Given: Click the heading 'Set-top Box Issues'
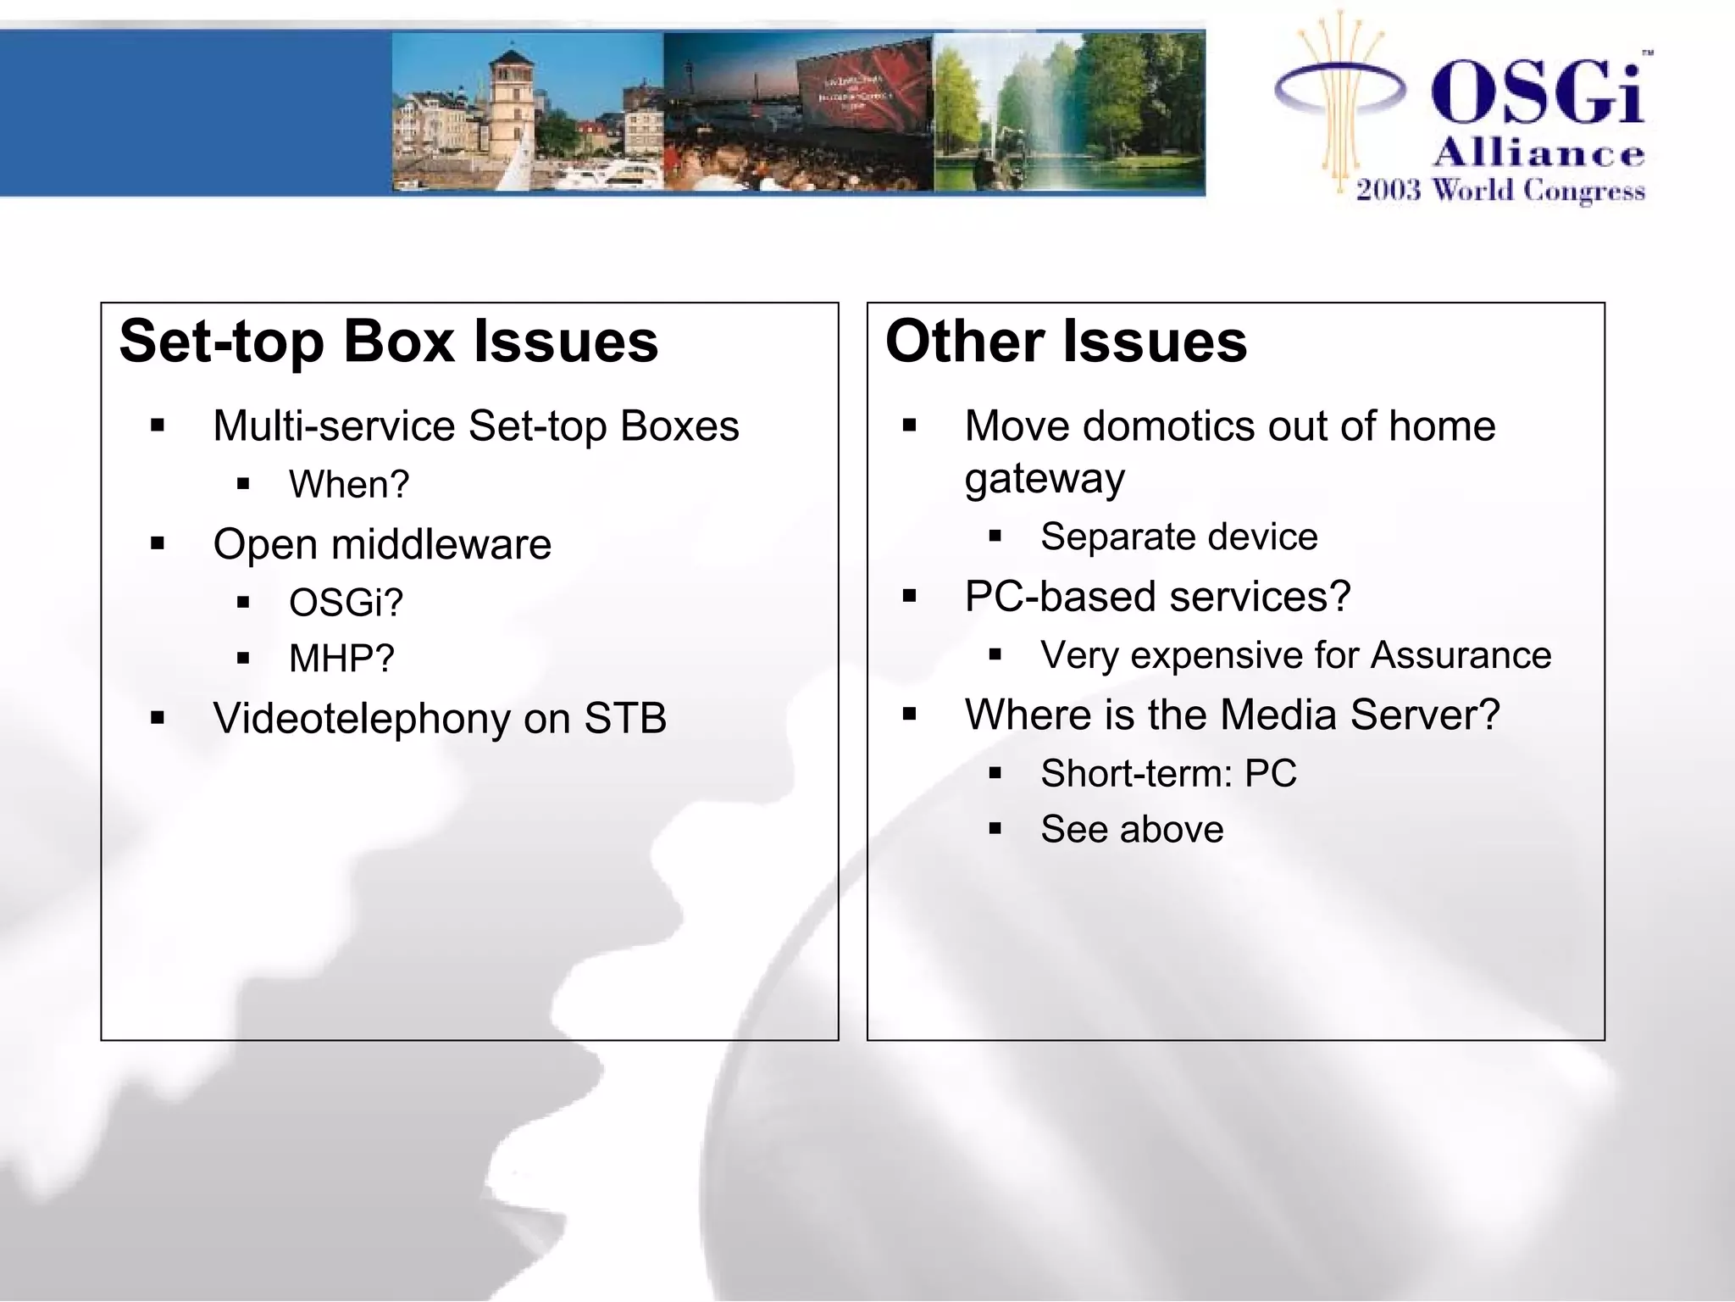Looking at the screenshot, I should (x=389, y=342).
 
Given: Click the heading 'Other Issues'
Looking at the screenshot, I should (x=1066, y=342).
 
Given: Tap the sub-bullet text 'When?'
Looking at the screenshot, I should (x=349, y=485).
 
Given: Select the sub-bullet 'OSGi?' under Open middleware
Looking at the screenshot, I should (x=346, y=603).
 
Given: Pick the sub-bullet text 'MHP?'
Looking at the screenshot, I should (x=341, y=659).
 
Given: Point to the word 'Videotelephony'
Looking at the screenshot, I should (x=362, y=719).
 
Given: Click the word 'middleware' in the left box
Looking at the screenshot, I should (x=441, y=544).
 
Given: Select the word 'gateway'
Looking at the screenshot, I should (x=1045, y=479).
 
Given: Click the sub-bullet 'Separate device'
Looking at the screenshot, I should (x=1179, y=537).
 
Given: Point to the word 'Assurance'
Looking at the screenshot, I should (x=1461, y=655).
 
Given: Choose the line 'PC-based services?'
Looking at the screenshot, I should (x=1157, y=597).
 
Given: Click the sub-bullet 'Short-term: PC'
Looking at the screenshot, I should (x=1168, y=773).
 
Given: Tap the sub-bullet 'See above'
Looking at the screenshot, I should (x=1132, y=829).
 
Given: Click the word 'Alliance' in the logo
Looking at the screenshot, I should (x=1538, y=153).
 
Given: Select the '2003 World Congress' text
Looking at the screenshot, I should (x=1500, y=190).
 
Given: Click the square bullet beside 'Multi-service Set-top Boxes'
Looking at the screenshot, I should (x=158, y=426).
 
